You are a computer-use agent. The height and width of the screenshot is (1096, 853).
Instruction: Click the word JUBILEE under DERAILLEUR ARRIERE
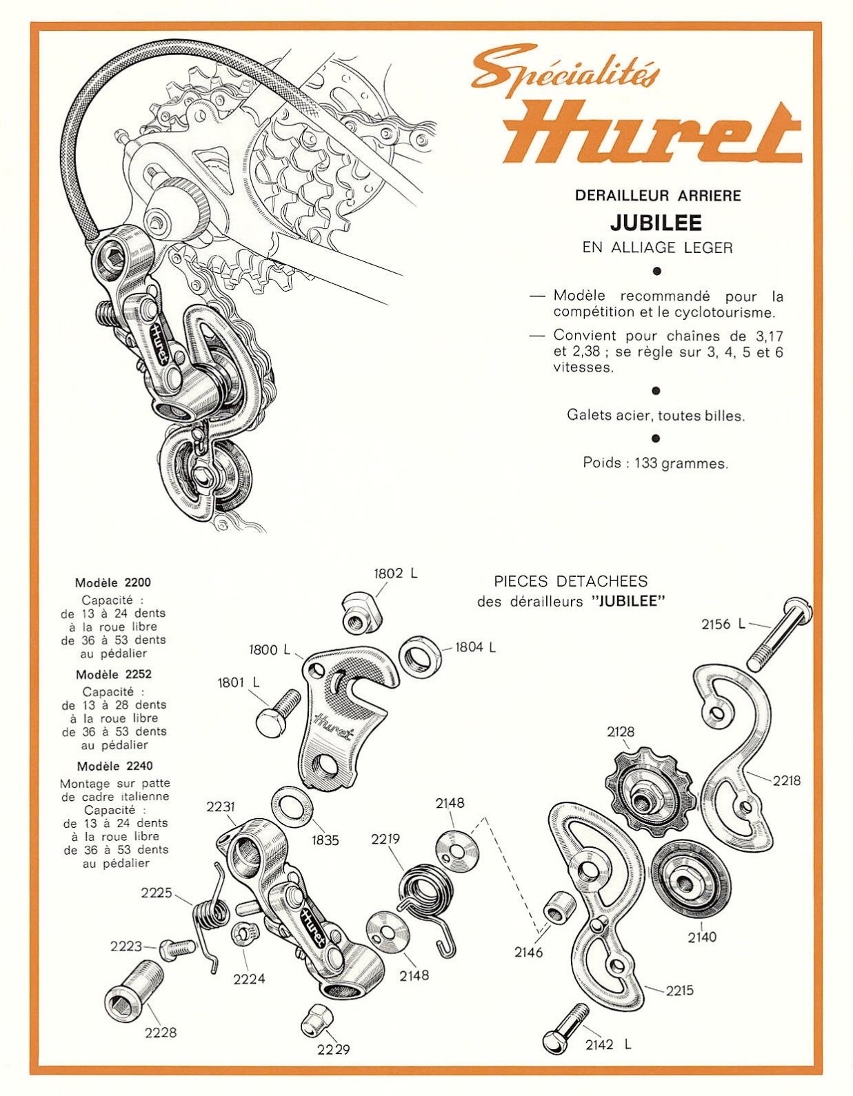pyautogui.click(x=655, y=223)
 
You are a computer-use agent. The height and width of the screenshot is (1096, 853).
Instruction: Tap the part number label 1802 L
pyautogui.click(x=396, y=574)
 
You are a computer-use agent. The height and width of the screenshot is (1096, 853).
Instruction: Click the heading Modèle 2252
pyautogui.click(x=114, y=674)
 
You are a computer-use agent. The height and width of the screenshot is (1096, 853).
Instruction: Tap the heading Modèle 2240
pyautogui.click(x=115, y=766)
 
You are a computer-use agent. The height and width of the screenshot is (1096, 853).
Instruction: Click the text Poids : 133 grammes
pyautogui.click(x=655, y=463)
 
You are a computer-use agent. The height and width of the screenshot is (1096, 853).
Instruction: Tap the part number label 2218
pyautogui.click(x=787, y=780)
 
